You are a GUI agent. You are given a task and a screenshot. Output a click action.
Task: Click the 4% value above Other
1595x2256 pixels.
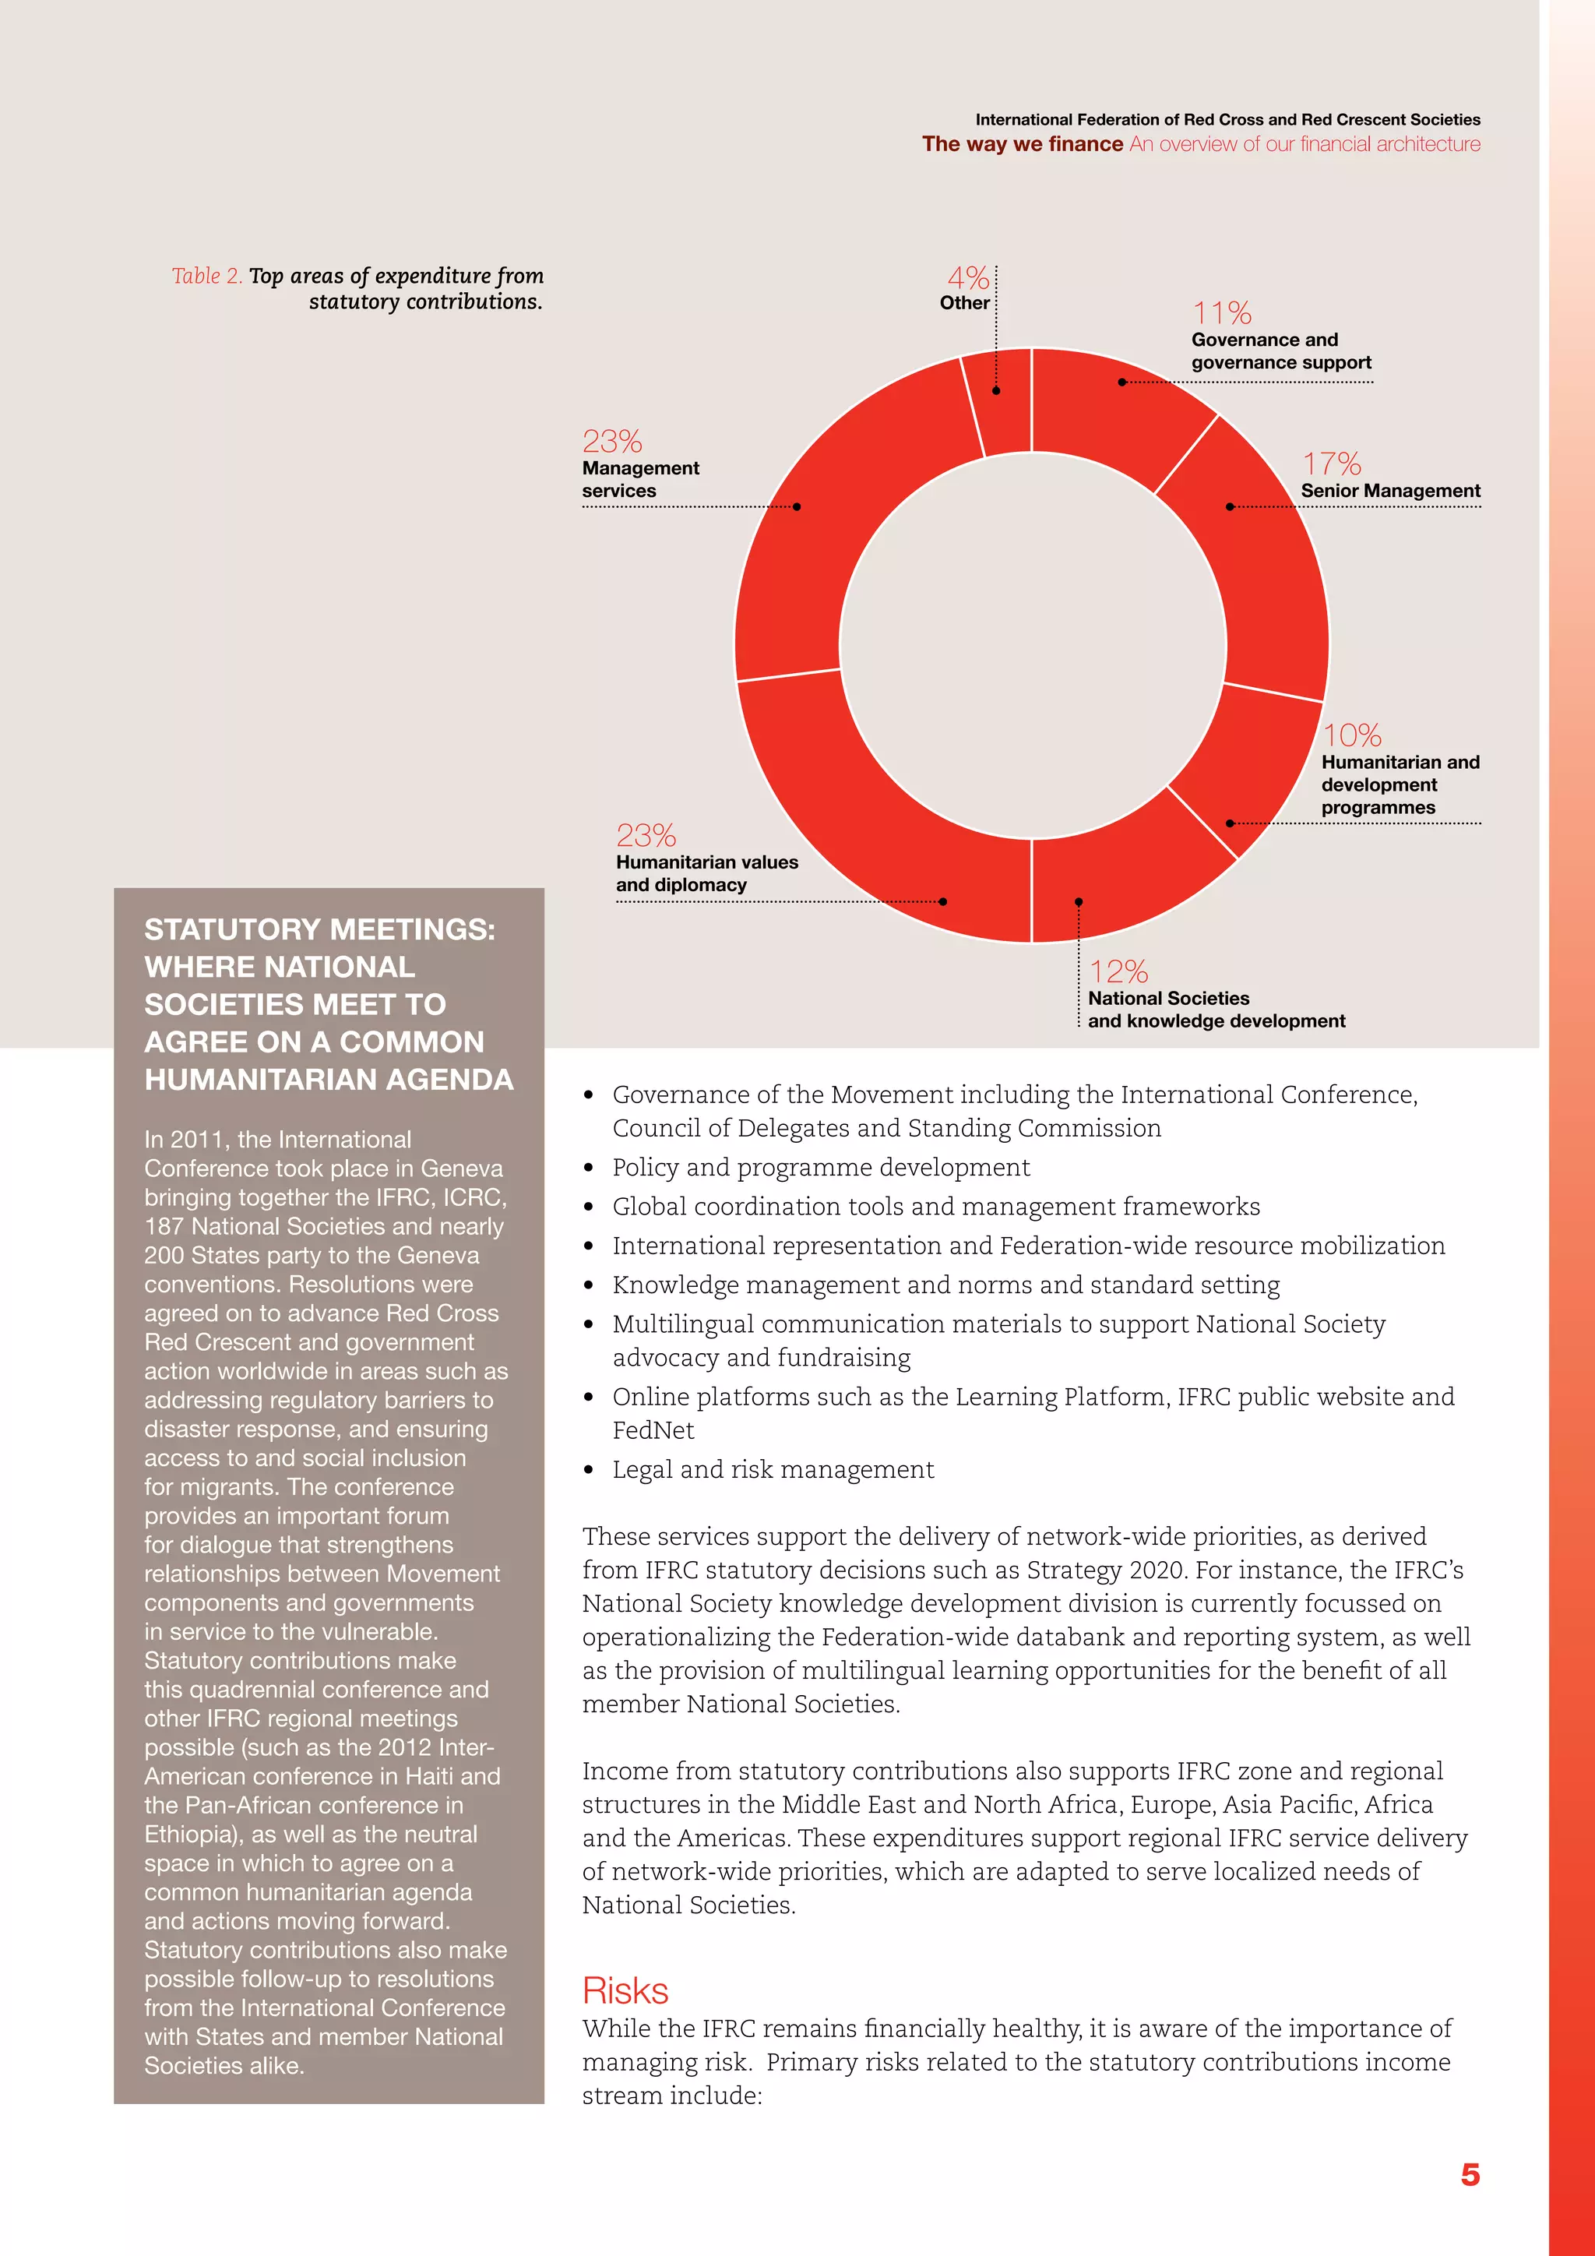[967, 278]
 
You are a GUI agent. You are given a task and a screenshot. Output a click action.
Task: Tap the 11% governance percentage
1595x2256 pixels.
[1222, 313]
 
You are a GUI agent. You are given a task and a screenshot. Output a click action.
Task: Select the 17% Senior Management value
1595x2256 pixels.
[1331, 464]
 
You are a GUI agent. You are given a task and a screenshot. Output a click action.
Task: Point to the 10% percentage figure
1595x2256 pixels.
[1351, 735]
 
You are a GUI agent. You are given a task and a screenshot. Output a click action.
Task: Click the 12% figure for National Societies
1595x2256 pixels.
[1118, 971]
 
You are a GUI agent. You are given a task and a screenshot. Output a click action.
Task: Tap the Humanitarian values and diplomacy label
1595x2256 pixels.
[706, 873]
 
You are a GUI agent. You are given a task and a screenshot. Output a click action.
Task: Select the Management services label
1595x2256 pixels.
[640, 480]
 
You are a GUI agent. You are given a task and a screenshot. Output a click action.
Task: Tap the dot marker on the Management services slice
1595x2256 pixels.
[797, 507]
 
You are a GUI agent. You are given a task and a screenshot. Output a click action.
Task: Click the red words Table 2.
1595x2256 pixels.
[206, 276]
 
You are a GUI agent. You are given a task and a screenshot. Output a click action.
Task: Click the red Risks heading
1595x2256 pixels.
[625, 1990]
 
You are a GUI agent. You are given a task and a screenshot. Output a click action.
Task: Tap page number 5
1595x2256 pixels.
[1470, 2173]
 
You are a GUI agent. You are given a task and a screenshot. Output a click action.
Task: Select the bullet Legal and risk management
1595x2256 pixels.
[773, 1469]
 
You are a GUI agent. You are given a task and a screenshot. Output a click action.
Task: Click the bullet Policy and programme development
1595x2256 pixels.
[821, 1167]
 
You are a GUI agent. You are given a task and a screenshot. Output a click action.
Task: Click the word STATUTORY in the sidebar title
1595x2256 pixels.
[229, 929]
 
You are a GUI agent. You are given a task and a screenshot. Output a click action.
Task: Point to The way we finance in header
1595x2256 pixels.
[1022, 144]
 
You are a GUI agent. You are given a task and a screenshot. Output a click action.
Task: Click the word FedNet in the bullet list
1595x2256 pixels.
[653, 1430]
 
